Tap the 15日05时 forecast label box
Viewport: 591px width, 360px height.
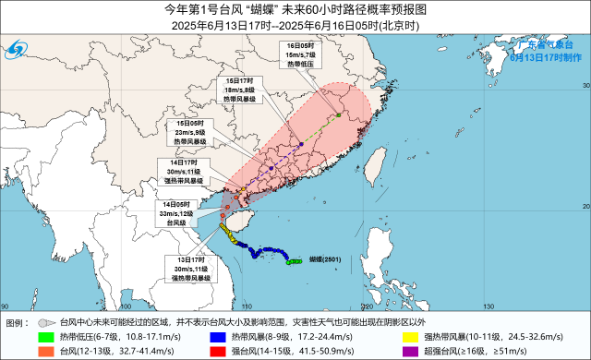[x=191, y=133]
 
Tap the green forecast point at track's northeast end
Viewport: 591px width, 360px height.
[x=339, y=114]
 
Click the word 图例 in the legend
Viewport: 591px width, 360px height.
[x=18, y=322]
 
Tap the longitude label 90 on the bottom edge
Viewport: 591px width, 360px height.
[x=6, y=306]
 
